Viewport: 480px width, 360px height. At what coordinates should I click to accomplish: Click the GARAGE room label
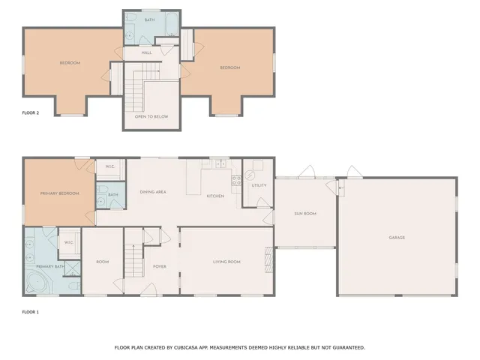click(397, 238)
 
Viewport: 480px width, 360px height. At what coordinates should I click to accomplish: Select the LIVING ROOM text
click(226, 262)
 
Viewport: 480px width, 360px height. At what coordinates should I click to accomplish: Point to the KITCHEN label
click(215, 196)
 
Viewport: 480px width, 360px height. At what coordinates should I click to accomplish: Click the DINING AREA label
click(153, 192)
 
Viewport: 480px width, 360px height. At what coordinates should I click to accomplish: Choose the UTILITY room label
click(259, 185)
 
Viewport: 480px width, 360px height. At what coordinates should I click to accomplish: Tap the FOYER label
click(159, 265)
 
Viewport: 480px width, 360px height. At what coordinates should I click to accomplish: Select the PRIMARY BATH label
click(48, 266)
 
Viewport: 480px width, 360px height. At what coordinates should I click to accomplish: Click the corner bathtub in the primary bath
click(37, 283)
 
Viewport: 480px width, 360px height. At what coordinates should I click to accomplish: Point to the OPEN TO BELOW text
click(151, 117)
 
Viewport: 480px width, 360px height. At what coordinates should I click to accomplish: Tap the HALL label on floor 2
click(147, 53)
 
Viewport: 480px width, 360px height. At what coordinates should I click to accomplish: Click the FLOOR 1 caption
click(30, 310)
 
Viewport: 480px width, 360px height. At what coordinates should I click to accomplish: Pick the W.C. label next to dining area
click(109, 166)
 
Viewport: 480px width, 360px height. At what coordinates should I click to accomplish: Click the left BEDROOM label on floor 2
click(70, 63)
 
